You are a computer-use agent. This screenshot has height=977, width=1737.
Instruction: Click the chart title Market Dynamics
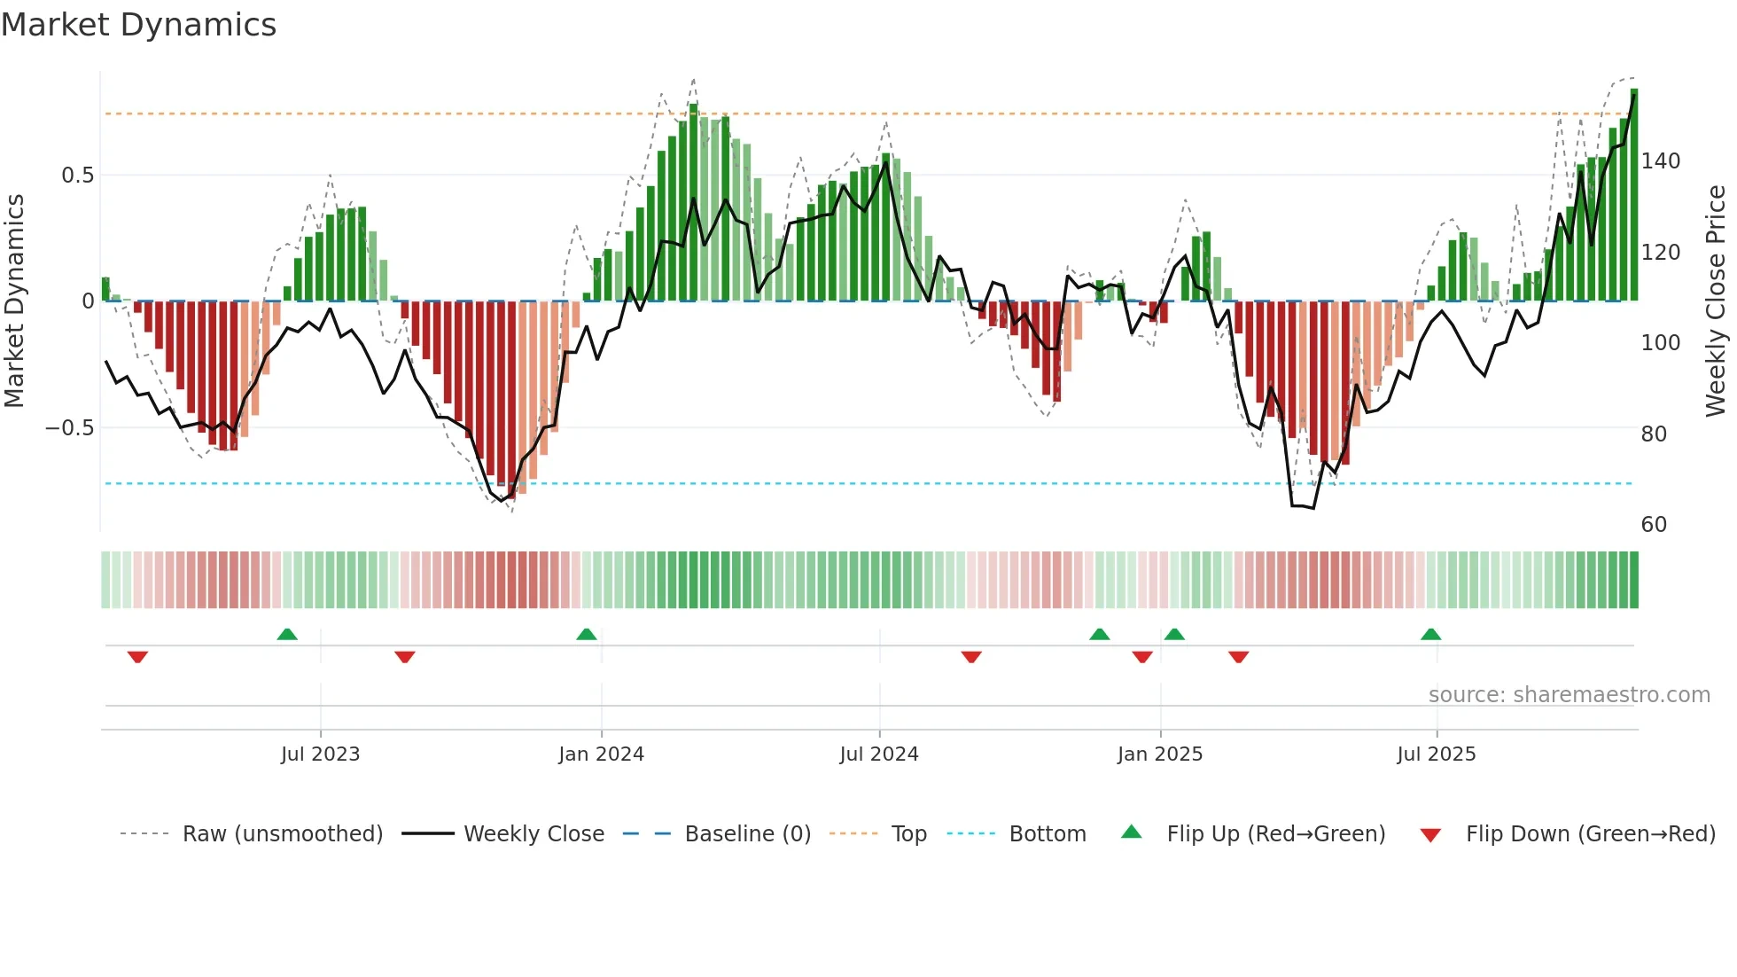pyautogui.click(x=138, y=25)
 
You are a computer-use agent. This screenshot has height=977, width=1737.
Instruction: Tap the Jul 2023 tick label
pyautogui.click(x=320, y=754)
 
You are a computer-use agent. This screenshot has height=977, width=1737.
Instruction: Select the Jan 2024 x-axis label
pyautogui.click(x=601, y=754)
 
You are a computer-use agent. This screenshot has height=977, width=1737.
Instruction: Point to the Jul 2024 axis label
pyautogui.click(x=878, y=754)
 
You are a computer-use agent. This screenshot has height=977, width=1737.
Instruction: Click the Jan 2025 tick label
pyautogui.click(x=1159, y=754)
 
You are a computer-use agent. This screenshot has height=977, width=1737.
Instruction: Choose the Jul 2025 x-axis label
pyautogui.click(x=1436, y=754)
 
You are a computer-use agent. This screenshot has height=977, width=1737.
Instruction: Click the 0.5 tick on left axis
pyautogui.click(x=77, y=176)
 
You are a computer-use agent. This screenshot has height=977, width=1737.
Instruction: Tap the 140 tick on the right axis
pyautogui.click(x=1660, y=161)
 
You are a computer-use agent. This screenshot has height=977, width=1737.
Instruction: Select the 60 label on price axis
pyautogui.click(x=1654, y=525)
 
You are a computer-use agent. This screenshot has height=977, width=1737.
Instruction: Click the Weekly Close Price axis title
pyautogui.click(x=1716, y=301)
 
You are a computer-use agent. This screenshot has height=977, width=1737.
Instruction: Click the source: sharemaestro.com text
pyautogui.click(x=1569, y=695)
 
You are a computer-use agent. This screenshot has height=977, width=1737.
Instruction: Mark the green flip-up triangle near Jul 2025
pyautogui.click(x=1430, y=634)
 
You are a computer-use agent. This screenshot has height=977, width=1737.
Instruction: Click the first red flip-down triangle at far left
pyautogui.click(x=137, y=657)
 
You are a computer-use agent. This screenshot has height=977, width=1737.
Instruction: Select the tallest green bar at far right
pyautogui.click(x=1634, y=195)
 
